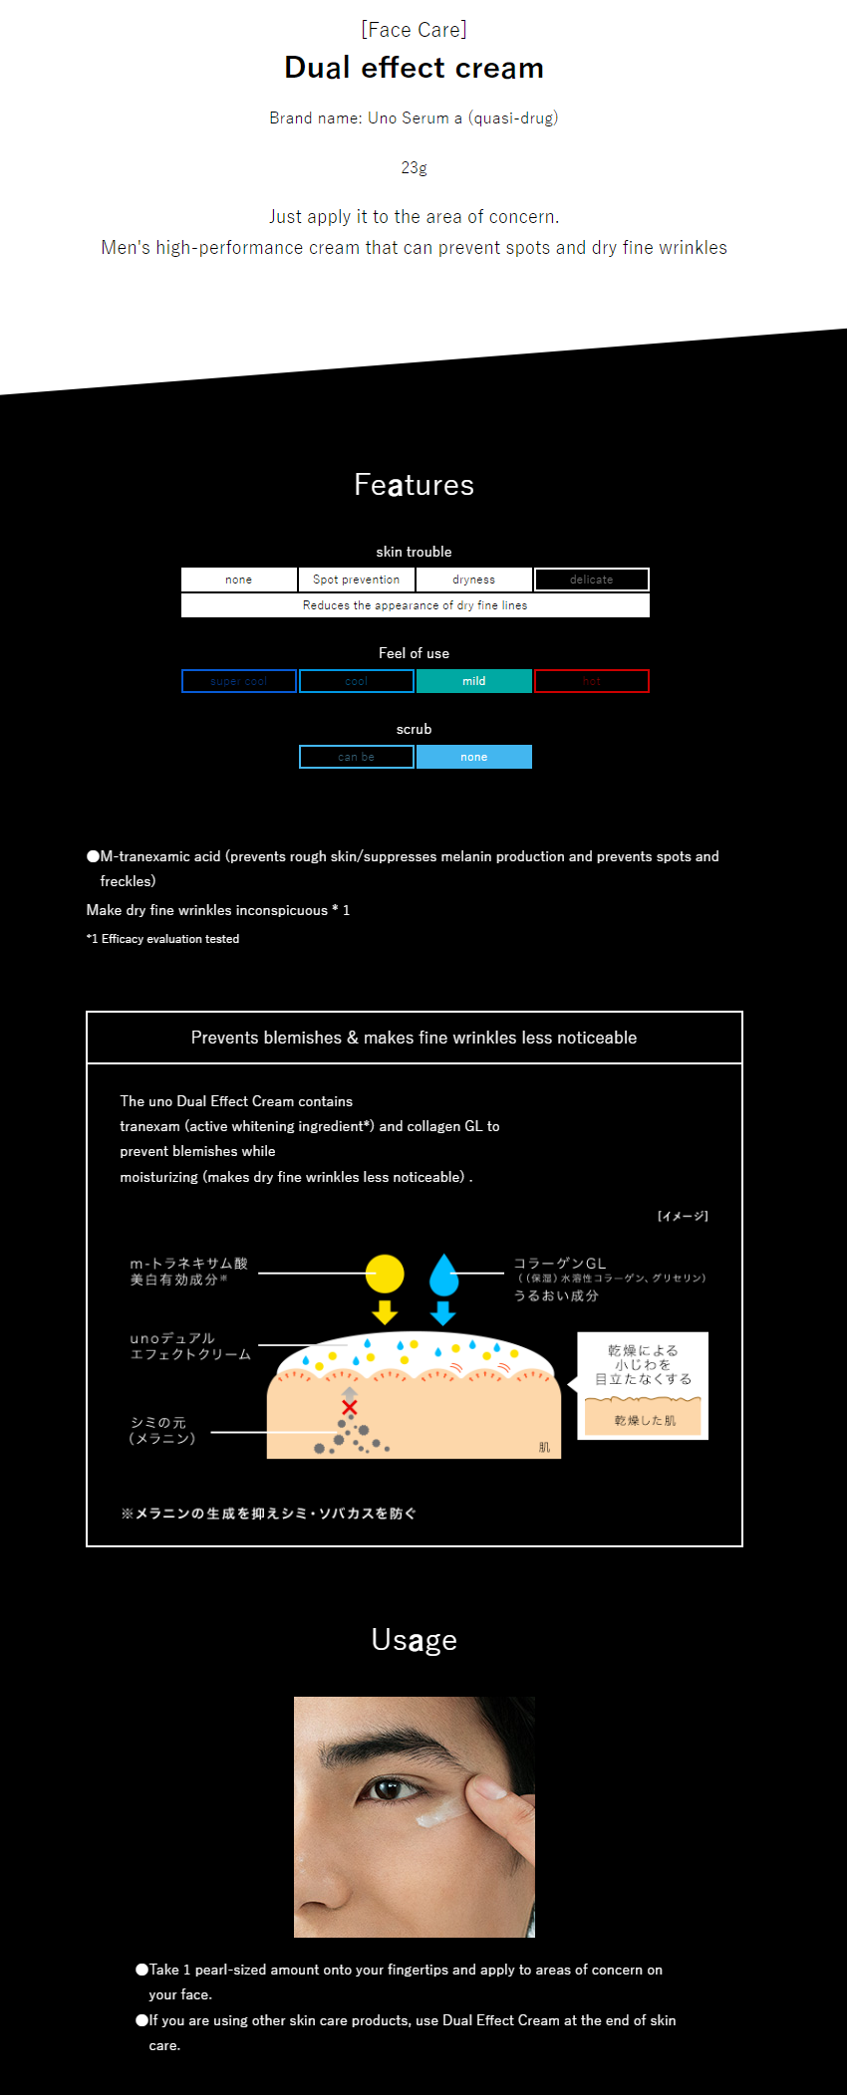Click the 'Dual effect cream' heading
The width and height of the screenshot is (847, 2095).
(414, 68)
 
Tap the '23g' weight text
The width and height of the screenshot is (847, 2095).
(414, 167)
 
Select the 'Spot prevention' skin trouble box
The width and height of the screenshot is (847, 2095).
(356, 580)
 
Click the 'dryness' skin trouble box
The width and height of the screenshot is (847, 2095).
(473, 580)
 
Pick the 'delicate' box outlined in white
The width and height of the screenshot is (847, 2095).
(591, 580)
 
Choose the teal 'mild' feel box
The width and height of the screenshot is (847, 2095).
(473, 681)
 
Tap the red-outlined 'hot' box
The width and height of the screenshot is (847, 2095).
(591, 681)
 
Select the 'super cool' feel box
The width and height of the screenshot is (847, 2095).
(238, 681)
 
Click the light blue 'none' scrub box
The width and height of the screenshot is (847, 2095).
(473, 757)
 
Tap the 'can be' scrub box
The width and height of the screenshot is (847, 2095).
(356, 757)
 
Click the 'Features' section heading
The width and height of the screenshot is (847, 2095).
(414, 485)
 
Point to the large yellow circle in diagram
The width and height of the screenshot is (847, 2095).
(385, 1274)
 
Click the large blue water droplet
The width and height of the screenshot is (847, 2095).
(443, 1276)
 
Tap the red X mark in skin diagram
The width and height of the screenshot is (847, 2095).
(350, 1407)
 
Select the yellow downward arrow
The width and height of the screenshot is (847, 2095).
(385, 1311)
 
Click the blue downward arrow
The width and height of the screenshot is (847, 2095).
(443, 1312)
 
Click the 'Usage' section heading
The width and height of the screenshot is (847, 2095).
(414, 1640)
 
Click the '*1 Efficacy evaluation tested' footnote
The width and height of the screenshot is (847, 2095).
(162, 939)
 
